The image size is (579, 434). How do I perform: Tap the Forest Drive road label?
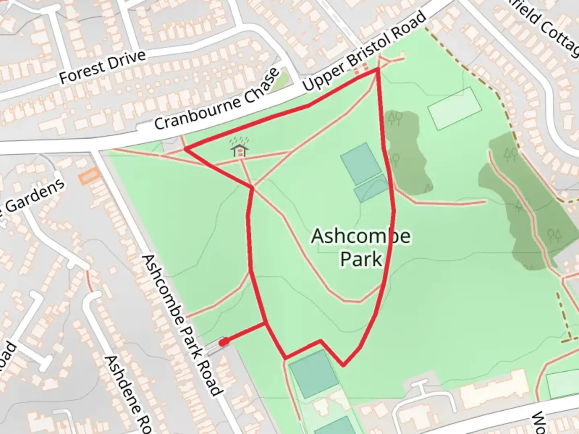[x=102, y=67]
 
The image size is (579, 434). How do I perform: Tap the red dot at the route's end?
[x=224, y=342]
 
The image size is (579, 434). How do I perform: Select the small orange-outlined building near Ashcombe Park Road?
[x=90, y=176]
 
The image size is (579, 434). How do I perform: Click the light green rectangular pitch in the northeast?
[x=455, y=108]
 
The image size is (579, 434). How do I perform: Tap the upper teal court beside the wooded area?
[x=361, y=164]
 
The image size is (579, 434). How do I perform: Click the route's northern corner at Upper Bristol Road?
[x=378, y=70]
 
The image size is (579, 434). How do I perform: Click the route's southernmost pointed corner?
[x=343, y=366]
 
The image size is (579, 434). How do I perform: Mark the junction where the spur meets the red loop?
[x=265, y=323]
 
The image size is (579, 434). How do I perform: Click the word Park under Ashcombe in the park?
[x=361, y=259]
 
